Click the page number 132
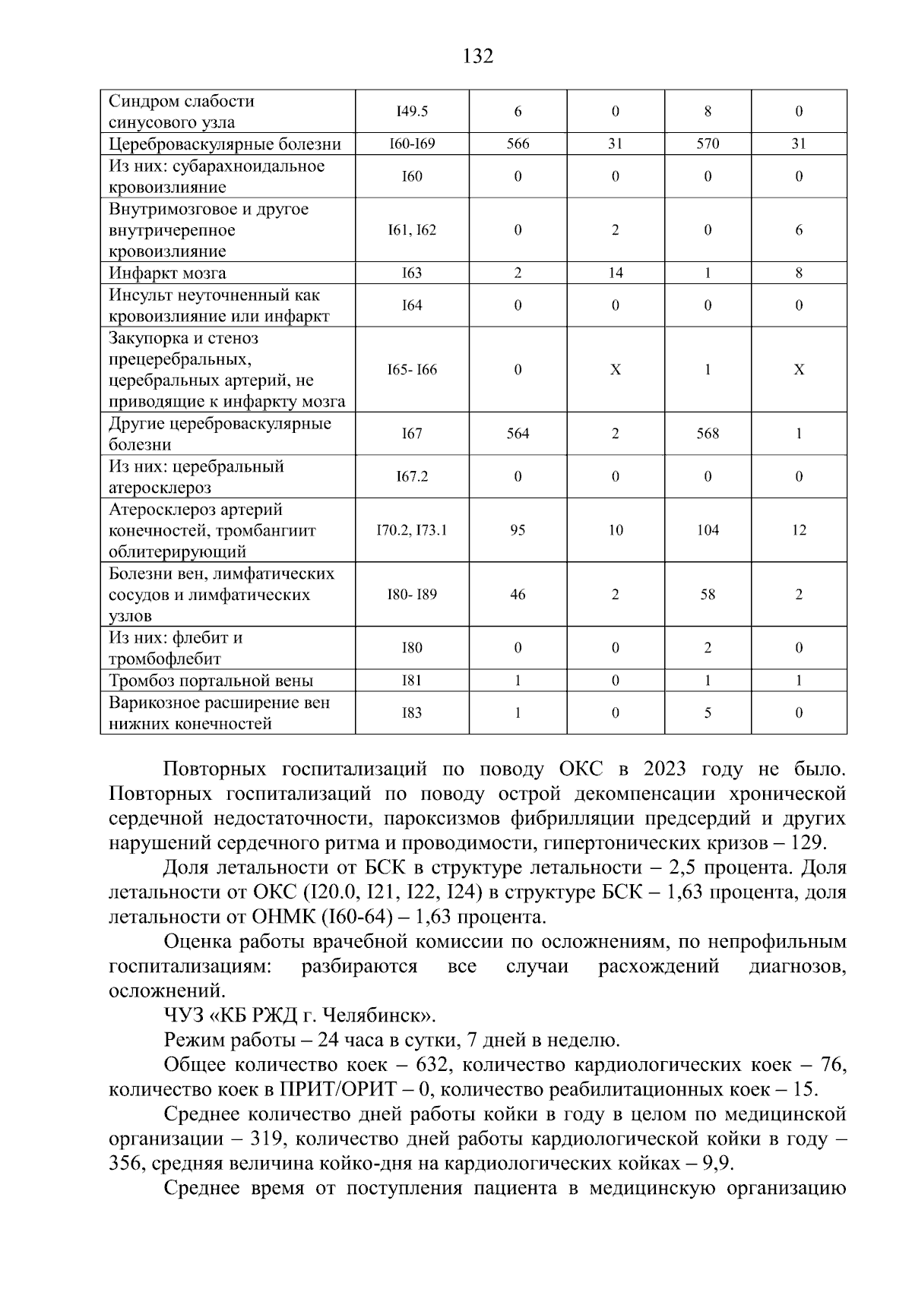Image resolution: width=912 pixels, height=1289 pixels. coord(478,56)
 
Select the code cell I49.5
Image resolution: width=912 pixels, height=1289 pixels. coord(412,112)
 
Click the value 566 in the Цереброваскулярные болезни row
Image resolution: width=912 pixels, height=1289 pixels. coord(518,144)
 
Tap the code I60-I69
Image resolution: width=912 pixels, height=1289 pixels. coord(412,144)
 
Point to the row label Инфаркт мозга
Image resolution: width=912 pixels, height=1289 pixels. coord(167,273)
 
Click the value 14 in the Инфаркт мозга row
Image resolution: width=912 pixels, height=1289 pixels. coord(615,273)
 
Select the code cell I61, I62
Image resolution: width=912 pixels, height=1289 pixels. coord(412,230)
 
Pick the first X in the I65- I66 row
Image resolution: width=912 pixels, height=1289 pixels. coord(615,370)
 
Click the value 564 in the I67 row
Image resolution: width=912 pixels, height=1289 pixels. coord(518,434)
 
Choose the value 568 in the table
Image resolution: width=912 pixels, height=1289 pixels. coord(708,434)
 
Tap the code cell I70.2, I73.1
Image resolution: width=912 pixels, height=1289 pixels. coord(412,530)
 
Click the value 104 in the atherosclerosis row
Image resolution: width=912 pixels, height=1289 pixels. coord(708,530)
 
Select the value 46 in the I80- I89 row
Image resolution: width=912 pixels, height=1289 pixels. coord(518,595)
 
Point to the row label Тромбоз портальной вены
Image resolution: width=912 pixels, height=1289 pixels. coord(211,681)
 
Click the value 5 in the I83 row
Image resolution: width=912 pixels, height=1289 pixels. coord(708,713)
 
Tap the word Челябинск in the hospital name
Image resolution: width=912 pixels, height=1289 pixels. coord(378,1016)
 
